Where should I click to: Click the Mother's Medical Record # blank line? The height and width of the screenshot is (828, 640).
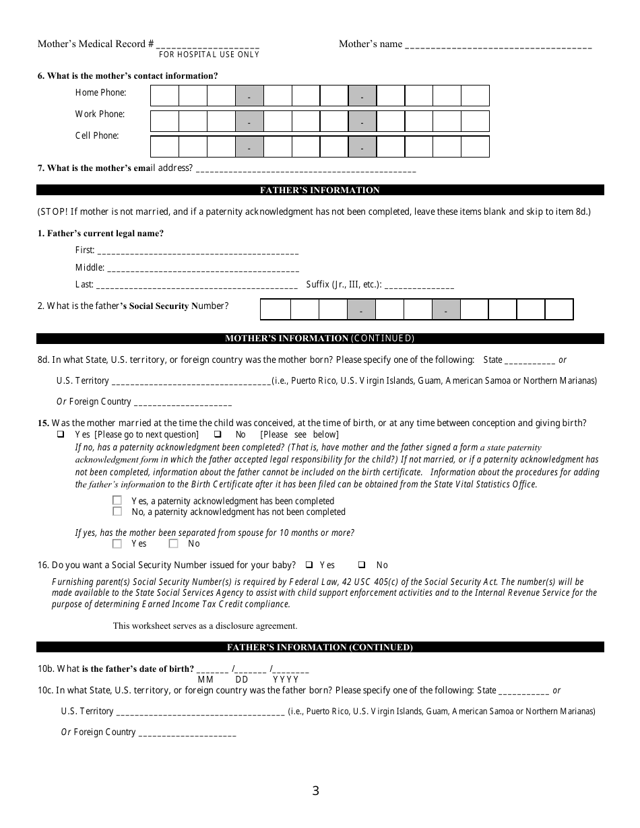(207, 45)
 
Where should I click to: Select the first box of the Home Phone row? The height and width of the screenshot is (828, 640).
(164, 96)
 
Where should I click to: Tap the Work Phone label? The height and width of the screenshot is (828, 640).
(100, 114)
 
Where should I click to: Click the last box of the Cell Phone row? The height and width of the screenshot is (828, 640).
(475, 146)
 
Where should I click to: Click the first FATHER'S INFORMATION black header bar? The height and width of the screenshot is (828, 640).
(320, 191)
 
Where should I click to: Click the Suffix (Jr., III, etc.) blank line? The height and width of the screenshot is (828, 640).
(419, 285)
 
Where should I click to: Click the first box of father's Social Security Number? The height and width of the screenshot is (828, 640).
(275, 309)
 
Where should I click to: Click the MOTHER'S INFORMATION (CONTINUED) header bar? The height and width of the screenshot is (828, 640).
(320, 339)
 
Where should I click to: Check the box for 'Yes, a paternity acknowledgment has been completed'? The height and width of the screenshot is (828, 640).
(117, 501)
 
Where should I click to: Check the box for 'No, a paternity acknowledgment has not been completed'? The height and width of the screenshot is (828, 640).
(117, 512)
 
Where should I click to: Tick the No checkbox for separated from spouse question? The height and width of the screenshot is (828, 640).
(173, 543)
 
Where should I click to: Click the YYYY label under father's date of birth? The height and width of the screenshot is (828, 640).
(286, 680)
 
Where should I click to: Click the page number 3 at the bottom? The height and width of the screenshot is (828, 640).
(315, 792)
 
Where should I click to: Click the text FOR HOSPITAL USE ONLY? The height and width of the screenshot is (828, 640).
(209, 55)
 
